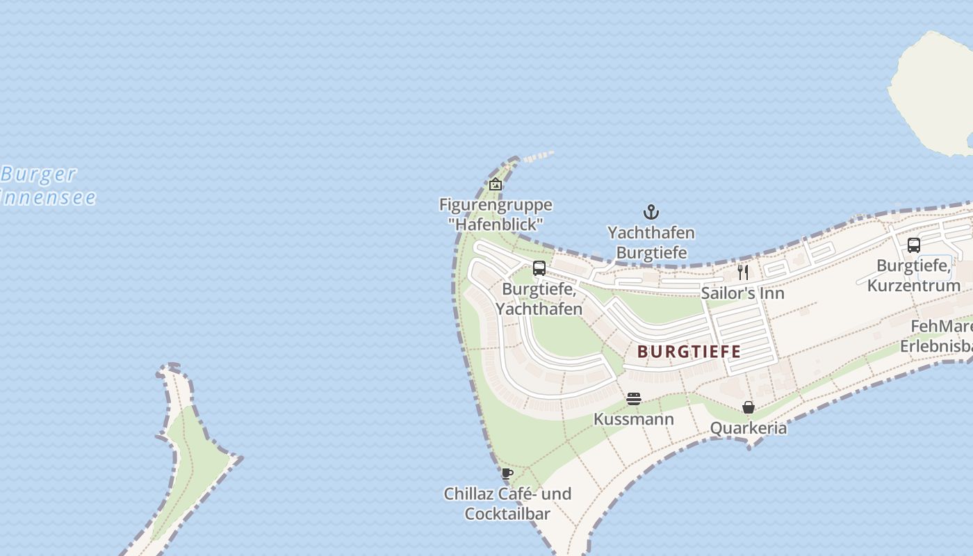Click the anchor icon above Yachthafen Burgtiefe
tap(651, 212)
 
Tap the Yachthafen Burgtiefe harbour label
tap(651, 243)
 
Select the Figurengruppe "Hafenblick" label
tap(496, 214)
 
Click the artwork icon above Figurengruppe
tap(496, 184)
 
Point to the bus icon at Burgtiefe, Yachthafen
tap(539, 268)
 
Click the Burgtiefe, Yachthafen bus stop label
tap(539, 298)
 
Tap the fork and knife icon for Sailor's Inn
tap(743, 272)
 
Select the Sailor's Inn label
tap(742, 293)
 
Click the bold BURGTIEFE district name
tap(689, 352)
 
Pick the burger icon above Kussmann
tap(633, 399)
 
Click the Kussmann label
tap(633, 419)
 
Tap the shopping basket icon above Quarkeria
tap(749, 407)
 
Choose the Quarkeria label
tap(749, 428)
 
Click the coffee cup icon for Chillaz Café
tap(507, 473)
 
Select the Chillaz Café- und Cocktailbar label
tap(507, 504)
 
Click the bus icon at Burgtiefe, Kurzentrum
tap(914, 245)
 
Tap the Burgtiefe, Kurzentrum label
tap(914, 275)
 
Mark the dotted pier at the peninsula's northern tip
tap(538, 156)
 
